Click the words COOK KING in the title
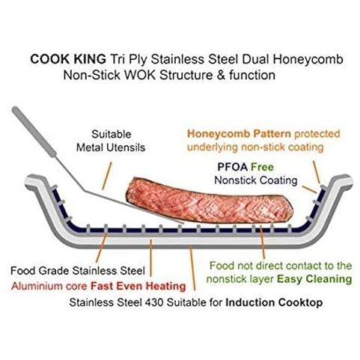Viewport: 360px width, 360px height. click(x=68, y=59)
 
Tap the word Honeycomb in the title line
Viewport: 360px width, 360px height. click(x=308, y=60)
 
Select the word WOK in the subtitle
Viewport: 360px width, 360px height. click(x=141, y=75)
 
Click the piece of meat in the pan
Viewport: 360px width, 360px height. click(x=209, y=201)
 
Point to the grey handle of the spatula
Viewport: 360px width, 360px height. click(x=34, y=132)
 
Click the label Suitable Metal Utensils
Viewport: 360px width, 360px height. click(x=111, y=141)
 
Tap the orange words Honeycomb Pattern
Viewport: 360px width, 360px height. click(x=239, y=134)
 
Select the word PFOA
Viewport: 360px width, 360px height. click(x=232, y=167)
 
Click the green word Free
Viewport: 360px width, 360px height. click(x=262, y=167)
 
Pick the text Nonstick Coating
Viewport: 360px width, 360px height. click(x=256, y=180)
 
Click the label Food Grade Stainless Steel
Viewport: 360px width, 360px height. click(x=78, y=271)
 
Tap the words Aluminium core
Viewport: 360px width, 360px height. click(x=49, y=286)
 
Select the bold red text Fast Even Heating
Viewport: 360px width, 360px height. click(x=138, y=286)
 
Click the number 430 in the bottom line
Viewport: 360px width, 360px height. click(x=154, y=302)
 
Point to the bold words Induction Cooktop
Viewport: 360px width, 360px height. click(x=274, y=302)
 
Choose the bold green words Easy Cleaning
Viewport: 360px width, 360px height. click(x=314, y=279)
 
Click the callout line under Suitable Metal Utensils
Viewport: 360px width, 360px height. click(x=107, y=176)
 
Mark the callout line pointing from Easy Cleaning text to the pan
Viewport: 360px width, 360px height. click(x=262, y=242)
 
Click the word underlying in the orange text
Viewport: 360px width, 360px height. click(x=213, y=147)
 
